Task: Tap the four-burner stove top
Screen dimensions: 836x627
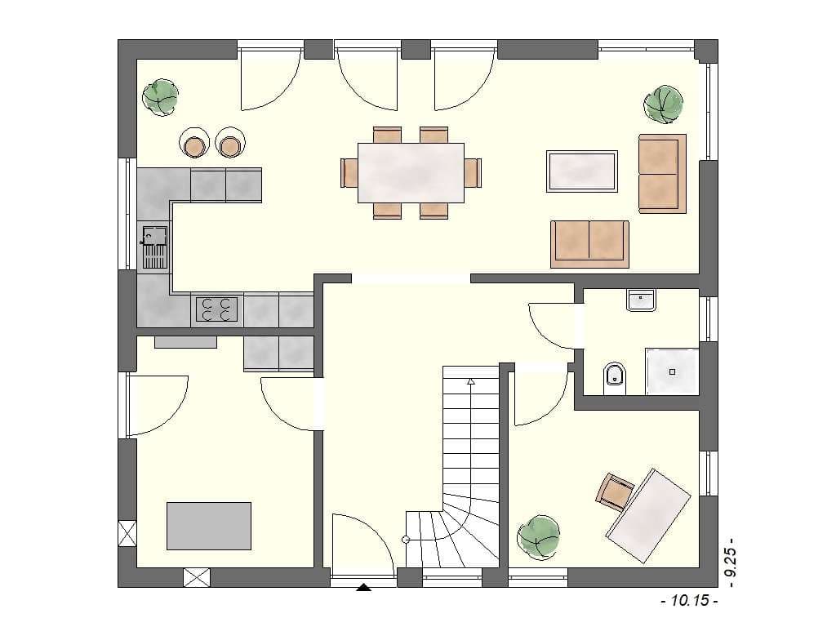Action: click(217, 309)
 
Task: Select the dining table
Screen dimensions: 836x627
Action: click(411, 173)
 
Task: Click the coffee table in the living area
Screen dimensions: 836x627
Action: click(581, 171)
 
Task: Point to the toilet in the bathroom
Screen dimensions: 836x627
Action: click(615, 378)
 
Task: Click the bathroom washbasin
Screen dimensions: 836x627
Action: click(641, 300)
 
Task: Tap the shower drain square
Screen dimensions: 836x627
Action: click(673, 371)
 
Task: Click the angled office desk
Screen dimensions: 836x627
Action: click(648, 516)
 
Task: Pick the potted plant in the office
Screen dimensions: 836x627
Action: click(539, 537)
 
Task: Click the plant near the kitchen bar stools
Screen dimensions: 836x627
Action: click(160, 98)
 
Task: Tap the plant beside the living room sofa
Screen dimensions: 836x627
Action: click(663, 104)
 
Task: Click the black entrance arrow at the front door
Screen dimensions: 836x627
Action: click(363, 588)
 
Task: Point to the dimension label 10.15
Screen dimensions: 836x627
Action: click(689, 601)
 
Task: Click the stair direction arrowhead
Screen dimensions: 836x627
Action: click(471, 381)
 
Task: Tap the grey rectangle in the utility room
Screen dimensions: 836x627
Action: click(209, 526)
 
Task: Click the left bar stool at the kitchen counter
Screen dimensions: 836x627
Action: click(194, 143)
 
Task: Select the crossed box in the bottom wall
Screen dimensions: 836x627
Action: click(197, 577)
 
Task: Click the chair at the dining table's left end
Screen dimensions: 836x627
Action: click(349, 173)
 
